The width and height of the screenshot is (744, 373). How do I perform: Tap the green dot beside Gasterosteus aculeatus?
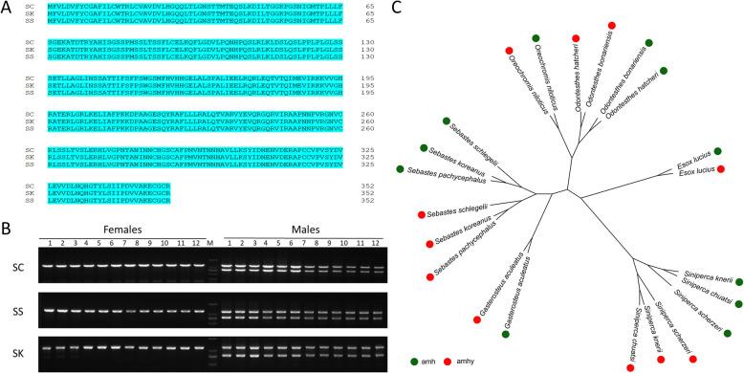click(x=506, y=333)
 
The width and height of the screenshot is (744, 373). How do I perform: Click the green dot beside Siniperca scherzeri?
click(x=726, y=332)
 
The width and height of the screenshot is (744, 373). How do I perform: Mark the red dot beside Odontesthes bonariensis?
click(x=610, y=24)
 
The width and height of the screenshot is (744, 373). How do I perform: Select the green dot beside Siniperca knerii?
click(x=739, y=281)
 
